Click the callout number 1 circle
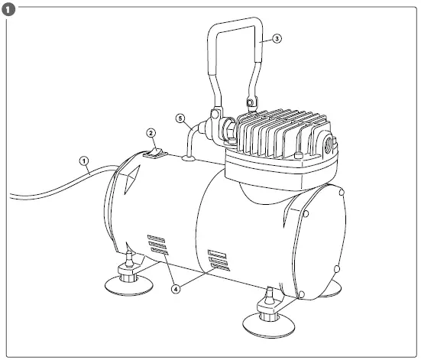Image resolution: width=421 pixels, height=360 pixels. pos(85,161)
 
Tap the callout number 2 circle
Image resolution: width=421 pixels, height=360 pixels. pos(151,132)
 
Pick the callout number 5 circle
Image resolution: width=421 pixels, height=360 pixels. pos(180,119)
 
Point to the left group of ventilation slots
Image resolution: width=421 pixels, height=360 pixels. pos(157,244)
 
